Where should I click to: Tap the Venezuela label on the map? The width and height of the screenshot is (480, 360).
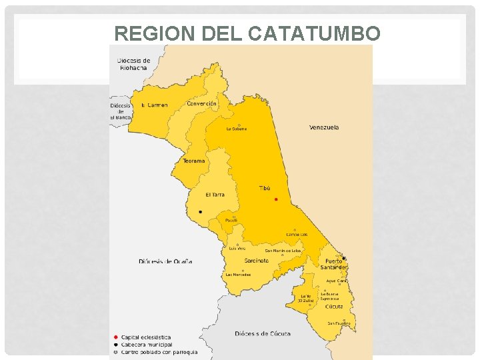click(x=324, y=127)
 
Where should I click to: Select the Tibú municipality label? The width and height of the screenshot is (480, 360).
click(x=265, y=189)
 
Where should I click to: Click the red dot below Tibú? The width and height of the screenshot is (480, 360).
click(x=276, y=199)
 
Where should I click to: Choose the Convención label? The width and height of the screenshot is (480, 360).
click(x=201, y=104)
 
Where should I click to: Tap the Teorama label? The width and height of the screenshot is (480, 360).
click(x=194, y=161)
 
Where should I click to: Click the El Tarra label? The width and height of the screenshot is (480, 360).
click(x=215, y=195)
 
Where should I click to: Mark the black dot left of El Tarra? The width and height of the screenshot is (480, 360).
click(x=200, y=212)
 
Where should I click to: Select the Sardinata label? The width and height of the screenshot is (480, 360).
click(x=256, y=261)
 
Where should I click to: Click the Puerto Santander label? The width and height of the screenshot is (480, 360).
click(x=333, y=264)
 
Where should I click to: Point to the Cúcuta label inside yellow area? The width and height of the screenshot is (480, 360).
click(x=334, y=307)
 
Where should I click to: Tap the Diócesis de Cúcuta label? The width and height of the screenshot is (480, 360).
click(x=263, y=333)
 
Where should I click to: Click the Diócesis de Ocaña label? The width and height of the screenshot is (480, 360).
click(x=165, y=261)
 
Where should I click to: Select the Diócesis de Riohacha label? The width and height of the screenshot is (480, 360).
click(x=134, y=64)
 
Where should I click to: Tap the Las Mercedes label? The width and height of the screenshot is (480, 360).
click(x=238, y=275)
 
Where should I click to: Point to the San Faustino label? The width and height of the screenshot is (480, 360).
click(x=339, y=323)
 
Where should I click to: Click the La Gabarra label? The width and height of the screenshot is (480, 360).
click(x=237, y=129)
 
